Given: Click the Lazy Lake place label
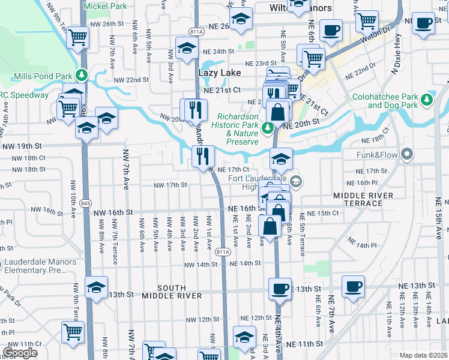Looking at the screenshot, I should [219, 73].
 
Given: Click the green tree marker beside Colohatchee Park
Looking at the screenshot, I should [427, 98].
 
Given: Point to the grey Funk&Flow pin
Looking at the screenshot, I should [408, 155].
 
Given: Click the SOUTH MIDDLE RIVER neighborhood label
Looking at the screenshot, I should [172, 292].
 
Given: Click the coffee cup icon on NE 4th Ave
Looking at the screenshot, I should [280, 288].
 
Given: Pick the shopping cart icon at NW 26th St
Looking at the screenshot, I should [78, 37].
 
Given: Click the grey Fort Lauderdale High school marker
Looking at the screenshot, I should [295, 181].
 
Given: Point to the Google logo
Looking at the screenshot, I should [20, 353].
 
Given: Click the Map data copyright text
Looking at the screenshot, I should [424, 355].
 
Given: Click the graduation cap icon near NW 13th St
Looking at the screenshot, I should [96, 287].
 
